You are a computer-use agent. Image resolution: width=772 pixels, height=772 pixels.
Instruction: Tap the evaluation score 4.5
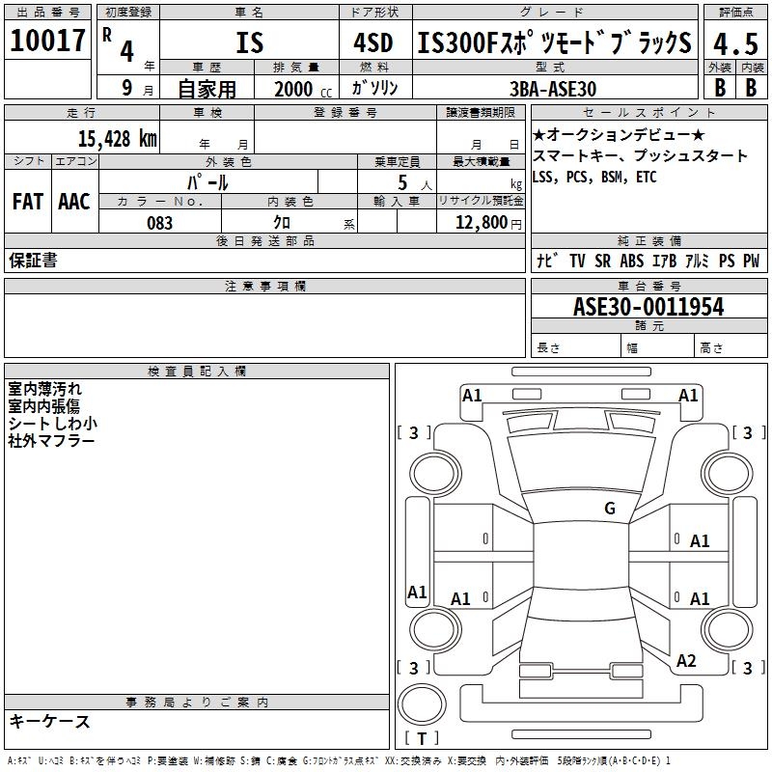click(734, 43)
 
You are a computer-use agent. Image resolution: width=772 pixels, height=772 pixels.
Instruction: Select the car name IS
click(249, 43)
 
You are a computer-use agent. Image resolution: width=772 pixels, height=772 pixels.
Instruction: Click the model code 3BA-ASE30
click(553, 88)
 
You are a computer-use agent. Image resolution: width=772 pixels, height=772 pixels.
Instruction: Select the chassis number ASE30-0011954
click(648, 307)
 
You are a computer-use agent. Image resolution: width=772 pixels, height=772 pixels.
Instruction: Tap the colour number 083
click(159, 223)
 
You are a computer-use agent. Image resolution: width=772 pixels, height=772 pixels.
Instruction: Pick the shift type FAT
click(28, 202)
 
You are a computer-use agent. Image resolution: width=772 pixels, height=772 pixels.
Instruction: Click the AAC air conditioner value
click(74, 202)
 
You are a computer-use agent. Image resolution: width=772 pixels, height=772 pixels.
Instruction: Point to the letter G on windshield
click(609, 508)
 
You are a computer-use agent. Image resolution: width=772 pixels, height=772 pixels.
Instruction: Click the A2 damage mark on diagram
click(686, 661)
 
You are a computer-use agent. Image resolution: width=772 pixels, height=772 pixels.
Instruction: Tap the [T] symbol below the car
click(422, 738)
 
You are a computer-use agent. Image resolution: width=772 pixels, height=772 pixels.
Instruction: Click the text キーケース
click(49, 721)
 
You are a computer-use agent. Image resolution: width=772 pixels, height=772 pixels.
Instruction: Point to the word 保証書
click(33, 260)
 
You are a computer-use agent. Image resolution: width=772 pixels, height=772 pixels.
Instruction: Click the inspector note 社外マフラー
click(51, 441)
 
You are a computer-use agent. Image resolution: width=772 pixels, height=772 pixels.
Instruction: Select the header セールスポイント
click(649, 113)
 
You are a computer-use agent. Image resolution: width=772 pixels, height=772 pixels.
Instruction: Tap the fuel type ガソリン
click(375, 88)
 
